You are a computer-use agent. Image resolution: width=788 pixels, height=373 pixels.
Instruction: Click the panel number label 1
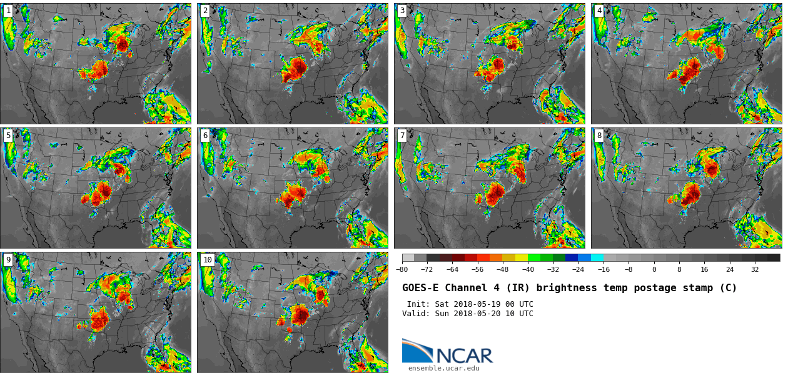(x=8, y=11)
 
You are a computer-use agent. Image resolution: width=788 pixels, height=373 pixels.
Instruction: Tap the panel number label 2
(x=205, y=11)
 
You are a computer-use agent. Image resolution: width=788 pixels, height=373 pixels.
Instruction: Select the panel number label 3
(x=402, y=11)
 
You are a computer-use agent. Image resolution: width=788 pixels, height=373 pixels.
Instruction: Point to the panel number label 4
(x=599, y=11)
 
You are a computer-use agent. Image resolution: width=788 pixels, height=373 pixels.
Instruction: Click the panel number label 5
(x=8, y=136)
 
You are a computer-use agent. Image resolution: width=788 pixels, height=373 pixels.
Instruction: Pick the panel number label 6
(x=205, y=136)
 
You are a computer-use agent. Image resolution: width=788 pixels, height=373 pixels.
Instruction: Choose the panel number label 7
(x=402, y=136)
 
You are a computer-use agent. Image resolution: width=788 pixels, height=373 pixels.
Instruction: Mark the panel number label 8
(x=599, y=136)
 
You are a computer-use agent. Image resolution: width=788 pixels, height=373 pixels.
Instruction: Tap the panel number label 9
(x=8, y=260)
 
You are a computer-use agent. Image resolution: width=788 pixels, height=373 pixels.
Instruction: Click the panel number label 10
(x=207, y=260)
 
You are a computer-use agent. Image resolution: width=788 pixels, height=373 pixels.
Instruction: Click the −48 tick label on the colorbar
(x=503, y=270)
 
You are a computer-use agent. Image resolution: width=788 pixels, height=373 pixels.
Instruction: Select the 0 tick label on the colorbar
(x=654, y=270)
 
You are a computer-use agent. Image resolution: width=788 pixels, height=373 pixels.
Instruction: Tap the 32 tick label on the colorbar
(x=755, y=270)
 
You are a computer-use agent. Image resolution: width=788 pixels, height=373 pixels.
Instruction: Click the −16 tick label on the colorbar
(x=604, y=270)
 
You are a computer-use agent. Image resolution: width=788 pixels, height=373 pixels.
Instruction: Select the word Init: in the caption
(x=419, y=304)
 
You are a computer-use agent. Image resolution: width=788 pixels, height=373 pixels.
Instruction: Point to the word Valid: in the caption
(x=417, y=314)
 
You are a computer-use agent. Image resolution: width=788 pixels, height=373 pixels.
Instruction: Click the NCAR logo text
(x=464, y=356)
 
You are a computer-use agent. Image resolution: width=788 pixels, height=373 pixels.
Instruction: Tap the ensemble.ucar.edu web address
(x=443, y=369)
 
